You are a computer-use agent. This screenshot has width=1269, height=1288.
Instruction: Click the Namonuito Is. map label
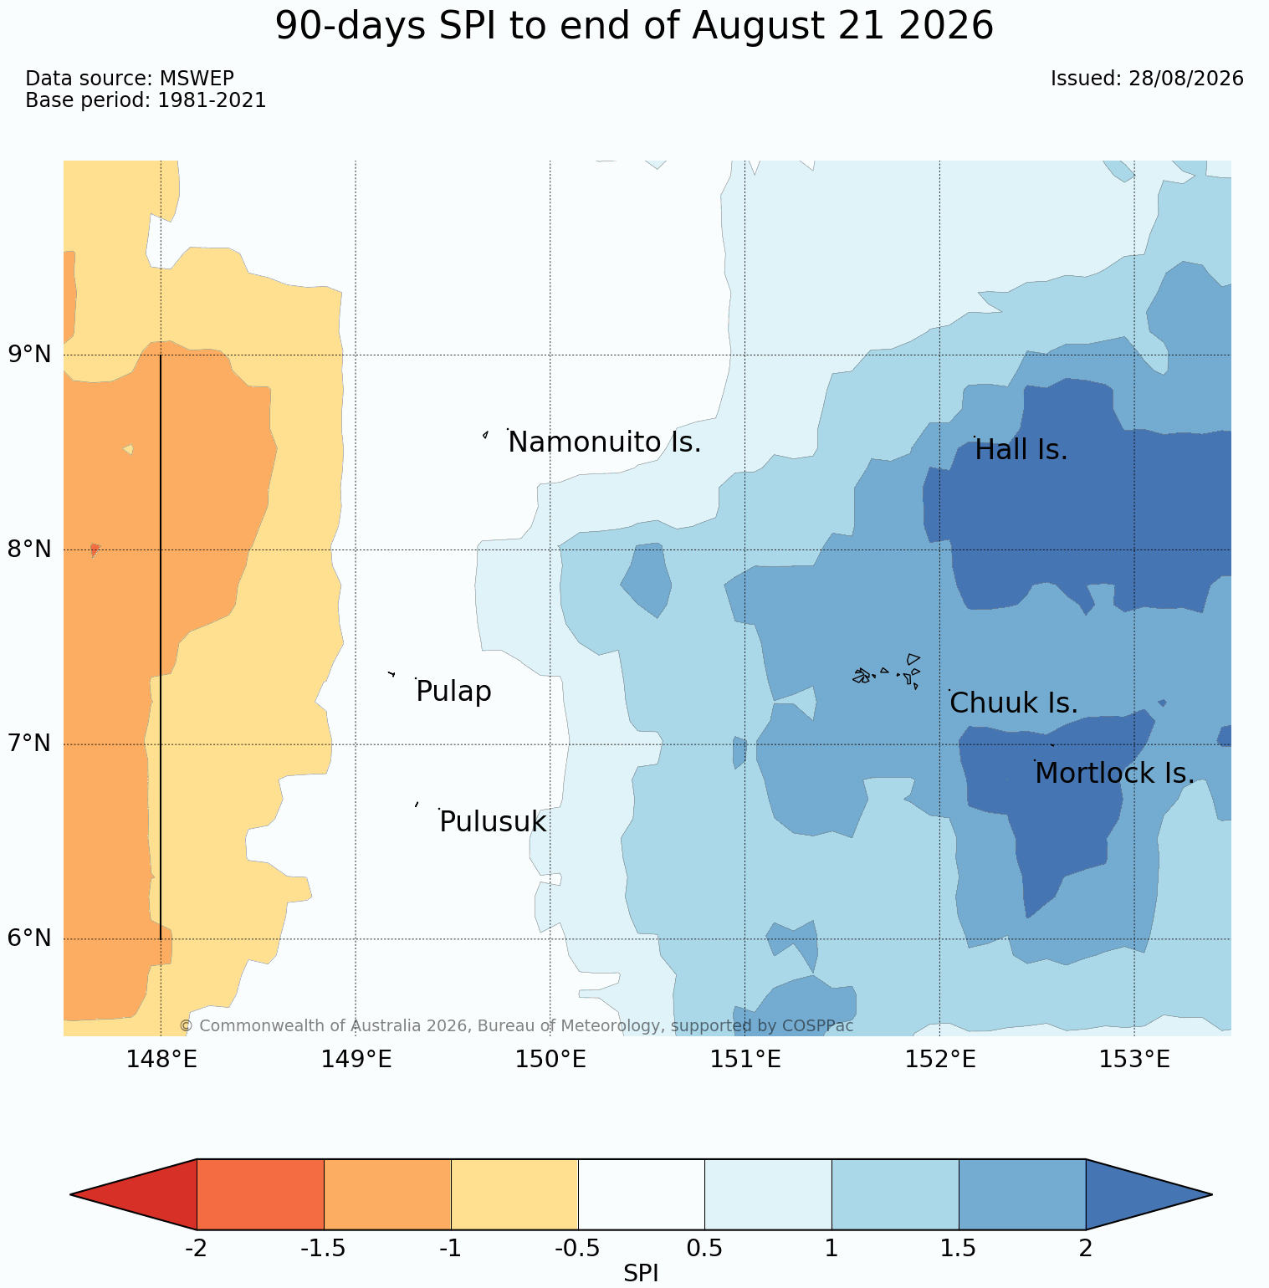coord(605,442)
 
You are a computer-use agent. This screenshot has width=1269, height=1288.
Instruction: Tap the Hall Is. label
coord(1021,451)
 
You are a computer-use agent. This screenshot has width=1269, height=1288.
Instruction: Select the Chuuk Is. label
coord(1014,703)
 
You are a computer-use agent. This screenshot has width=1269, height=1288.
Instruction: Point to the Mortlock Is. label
coord(1114,774)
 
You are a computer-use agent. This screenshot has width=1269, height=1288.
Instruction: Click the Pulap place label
coord(453,693)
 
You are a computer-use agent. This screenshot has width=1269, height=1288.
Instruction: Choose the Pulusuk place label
coord(493,822)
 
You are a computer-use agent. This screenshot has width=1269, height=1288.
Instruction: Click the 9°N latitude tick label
coord(30,355)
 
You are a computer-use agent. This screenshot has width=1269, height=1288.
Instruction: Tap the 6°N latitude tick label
coord(30,938)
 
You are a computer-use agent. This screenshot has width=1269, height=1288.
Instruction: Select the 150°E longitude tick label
coord(550,1061)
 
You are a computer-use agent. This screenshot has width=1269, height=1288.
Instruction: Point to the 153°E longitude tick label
coord(1133,1061)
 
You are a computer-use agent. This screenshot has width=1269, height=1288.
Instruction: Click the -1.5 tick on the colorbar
coord(324,1249)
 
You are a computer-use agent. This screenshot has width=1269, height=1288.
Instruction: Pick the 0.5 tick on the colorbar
coord(704,1249)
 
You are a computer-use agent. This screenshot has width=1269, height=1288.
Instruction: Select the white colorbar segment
coord(642,1194)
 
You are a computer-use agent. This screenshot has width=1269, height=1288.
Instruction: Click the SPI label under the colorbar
coord(641,1273)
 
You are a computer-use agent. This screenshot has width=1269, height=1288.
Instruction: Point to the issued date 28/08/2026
coord(1185,79)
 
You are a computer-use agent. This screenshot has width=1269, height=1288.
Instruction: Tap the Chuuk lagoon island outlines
coord(887,672)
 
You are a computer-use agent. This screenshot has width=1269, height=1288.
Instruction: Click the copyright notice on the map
coord(516,1025)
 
